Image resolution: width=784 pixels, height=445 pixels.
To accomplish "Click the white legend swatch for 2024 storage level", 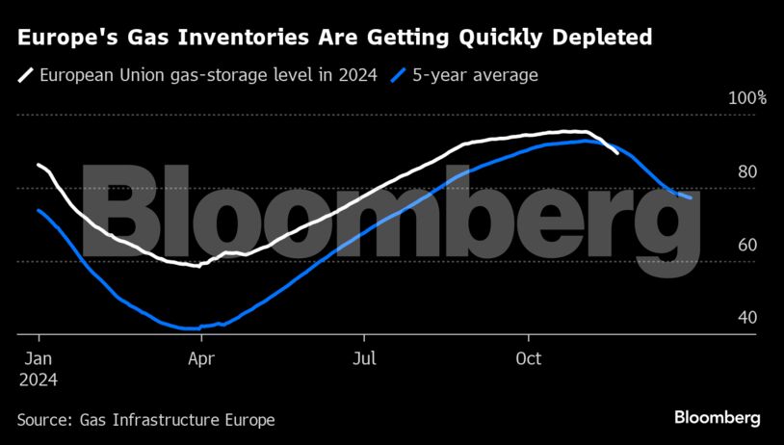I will coord(26,74).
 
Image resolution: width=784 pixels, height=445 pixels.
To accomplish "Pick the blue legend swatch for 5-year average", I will coord(400,74).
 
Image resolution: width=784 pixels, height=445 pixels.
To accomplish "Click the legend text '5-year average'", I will coord(475,74).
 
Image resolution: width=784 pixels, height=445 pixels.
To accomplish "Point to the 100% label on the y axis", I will coord(747,98).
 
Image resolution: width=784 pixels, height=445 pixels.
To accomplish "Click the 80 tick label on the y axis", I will coord(747,171).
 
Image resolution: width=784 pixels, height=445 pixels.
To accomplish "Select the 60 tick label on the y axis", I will coord(747,245).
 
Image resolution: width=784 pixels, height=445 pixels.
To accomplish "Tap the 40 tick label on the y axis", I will coord(747,317).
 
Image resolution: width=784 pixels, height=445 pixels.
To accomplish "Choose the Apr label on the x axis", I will coord(201,359).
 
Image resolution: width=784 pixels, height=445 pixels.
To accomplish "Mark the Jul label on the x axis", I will coord(364,359).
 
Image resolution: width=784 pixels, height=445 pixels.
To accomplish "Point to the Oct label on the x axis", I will coord(529,359).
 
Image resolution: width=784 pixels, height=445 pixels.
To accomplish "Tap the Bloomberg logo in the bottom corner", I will coord(717,418).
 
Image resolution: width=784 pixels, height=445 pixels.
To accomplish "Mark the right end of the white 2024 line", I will coord(617,152).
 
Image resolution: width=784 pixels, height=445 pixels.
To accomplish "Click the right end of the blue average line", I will coord(690,197).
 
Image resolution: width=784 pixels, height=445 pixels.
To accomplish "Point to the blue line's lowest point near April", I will coord(188,328).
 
